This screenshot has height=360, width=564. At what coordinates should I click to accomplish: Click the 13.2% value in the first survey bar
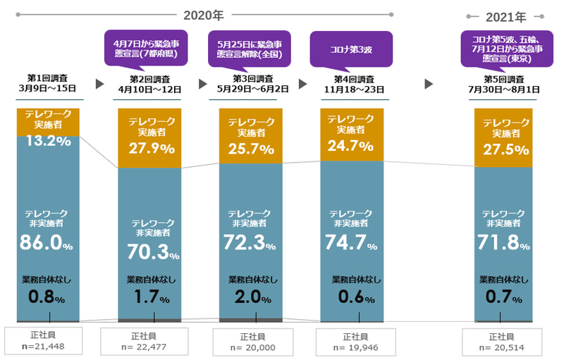coord(49,142)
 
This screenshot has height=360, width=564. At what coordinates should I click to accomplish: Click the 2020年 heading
coord(202,14)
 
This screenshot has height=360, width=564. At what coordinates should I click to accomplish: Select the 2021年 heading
coord(505,15)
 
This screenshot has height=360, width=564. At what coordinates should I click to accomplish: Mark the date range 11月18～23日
coord(350,89)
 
